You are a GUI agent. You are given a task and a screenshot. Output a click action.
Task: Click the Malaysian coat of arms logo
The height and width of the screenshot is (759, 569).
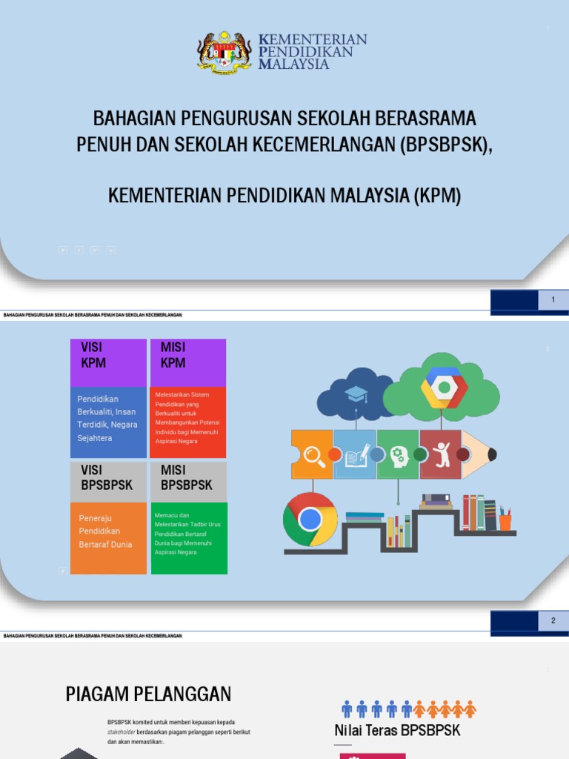pyautogui.click(x=224, y=52)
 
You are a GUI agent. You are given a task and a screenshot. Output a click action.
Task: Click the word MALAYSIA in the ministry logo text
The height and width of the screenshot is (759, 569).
pyautogui.click(x=293, y=64)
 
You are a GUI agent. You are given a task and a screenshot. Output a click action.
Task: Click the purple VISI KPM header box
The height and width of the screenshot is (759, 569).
pyautogui.click(x=108, y=362)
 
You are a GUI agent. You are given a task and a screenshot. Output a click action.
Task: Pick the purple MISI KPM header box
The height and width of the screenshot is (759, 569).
pyautogui.click(x=187, y=362)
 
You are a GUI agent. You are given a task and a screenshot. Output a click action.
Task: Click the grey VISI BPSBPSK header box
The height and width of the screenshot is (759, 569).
pyautogui.click(x=108, y=481)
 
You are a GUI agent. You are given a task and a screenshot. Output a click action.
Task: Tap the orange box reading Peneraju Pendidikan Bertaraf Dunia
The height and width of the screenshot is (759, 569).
pyautogui.click(x=108, y=537)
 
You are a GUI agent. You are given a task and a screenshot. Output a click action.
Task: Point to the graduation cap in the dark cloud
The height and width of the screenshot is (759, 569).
pyautogui.click(x=356, y=394)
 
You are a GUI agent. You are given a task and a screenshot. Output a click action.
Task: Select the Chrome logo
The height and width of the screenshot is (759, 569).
pyautogui.click(x=310, y=519)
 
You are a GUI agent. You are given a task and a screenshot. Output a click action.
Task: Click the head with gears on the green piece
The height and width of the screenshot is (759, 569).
pyautogui.click(x=399, y=455)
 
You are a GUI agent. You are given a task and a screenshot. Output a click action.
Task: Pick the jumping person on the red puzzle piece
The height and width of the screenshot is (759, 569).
pyautogui.click(x=442, y=454)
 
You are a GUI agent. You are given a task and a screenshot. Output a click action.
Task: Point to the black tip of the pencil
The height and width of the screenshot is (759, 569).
pyautogui.click(x=492, y=454)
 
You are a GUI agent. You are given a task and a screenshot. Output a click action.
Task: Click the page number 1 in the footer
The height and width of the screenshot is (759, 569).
pyautogui.click(x=553, y=299)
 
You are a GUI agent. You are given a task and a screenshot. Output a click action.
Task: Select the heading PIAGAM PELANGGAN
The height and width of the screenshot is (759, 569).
pyautogui.click(x=148, y=694)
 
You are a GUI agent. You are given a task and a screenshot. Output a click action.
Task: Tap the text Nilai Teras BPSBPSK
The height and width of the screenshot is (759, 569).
pyautogui.click(x=397, y=731)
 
